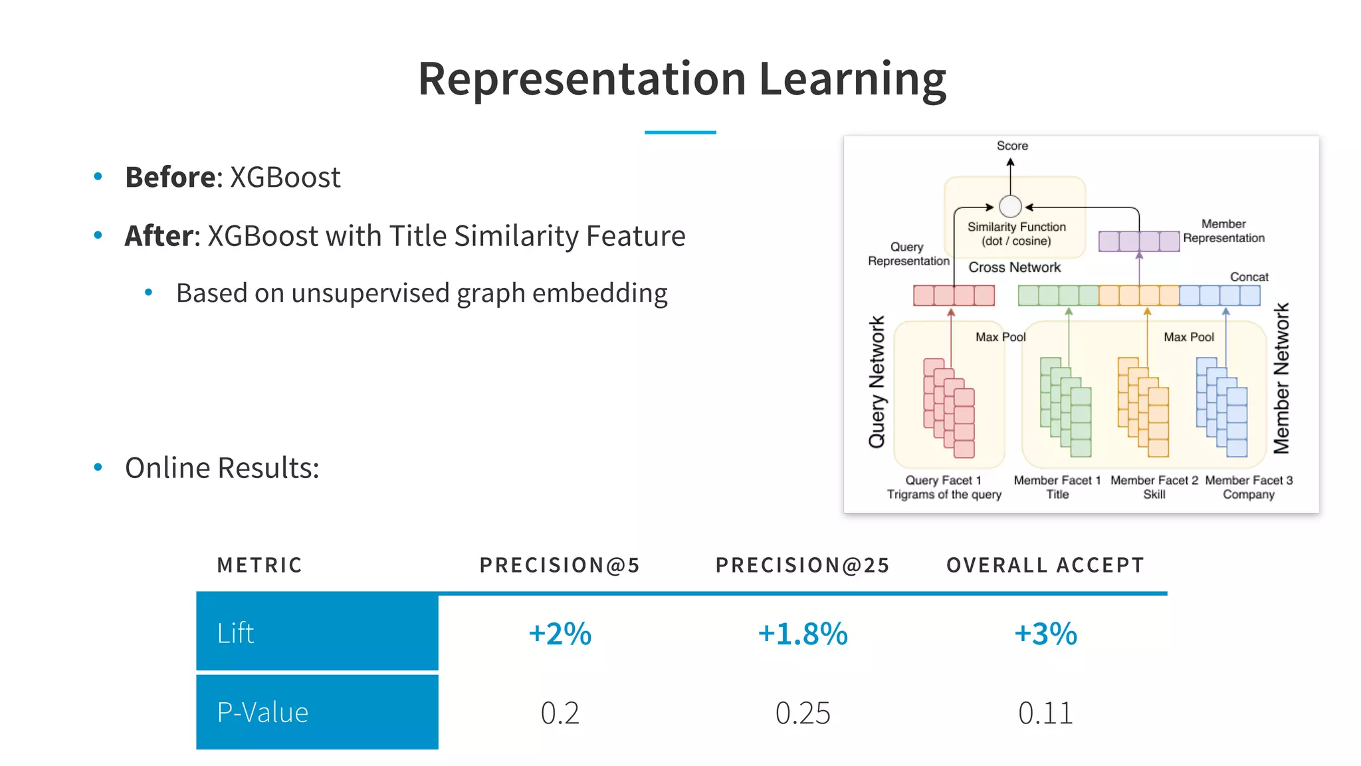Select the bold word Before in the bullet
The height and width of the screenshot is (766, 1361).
click(169, 178)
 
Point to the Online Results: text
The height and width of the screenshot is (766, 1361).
click(222, 468)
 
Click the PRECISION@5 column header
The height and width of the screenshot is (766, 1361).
click(560, 565)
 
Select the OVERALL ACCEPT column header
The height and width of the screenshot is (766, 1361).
click(1045, 565)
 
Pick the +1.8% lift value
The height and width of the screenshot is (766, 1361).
click(803, 634)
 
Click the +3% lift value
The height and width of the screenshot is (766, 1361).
click(1045, 634)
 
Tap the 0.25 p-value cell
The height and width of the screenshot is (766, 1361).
click(803, 713)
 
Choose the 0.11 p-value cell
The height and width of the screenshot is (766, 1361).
click(1045, 713)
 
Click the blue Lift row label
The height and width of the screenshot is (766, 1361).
click(317, 632)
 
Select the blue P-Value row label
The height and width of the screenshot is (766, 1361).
click(317, 712)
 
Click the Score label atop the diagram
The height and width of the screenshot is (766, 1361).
click(1012, 146)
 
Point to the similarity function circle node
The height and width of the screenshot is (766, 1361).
click(1010, 207)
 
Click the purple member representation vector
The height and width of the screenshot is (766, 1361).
click(1138, 241)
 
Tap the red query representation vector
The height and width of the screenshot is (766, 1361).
click(954, 295)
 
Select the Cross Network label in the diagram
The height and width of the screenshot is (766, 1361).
click(1014, 267)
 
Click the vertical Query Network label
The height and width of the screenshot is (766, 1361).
click(877, 382)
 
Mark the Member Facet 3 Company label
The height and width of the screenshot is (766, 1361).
click(1249, 487)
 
